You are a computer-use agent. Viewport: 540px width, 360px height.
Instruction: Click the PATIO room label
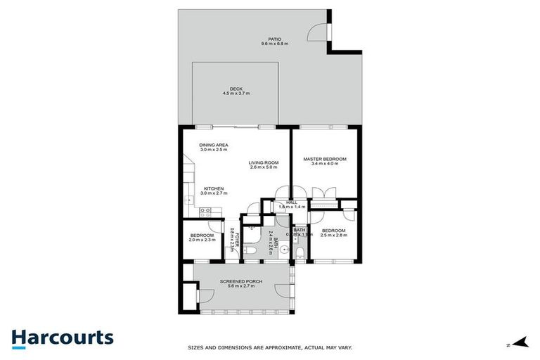point(275,39)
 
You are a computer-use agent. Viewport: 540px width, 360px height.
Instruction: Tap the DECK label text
point(236,89)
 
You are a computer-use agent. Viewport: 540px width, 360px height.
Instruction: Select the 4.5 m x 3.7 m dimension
point(236,94)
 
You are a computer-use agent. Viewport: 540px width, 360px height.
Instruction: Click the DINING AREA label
point(214,145)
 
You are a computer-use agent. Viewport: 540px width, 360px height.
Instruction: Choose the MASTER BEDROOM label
point(325,159)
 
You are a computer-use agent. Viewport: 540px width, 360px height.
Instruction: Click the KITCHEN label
point(214,188)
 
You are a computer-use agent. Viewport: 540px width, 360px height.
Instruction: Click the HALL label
point(291,202)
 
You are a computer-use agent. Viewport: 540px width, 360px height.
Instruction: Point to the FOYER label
point(237,238)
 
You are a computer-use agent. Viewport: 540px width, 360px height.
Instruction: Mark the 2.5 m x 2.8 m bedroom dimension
point(334,236)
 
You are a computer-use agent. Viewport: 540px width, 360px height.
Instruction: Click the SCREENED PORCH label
point(242,281)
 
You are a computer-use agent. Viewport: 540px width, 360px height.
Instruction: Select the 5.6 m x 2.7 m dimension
point(242,286)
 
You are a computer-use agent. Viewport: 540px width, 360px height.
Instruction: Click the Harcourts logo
point(62,337)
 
